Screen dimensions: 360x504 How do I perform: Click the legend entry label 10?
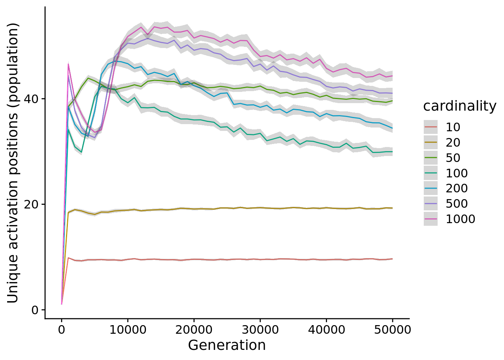point(453,127)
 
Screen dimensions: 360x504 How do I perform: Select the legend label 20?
point(453,142)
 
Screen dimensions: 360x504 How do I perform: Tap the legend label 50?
point(453,158)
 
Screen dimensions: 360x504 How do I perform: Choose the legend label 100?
point(456,173)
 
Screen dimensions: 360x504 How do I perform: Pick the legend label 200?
point(456,188)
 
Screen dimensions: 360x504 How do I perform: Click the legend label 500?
point(456,204)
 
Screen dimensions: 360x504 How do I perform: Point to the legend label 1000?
point(460,219)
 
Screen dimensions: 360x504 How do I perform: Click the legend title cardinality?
point(459,106)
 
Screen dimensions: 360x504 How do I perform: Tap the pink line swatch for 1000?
point(430,219)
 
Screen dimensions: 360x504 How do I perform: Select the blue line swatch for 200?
point(430,188)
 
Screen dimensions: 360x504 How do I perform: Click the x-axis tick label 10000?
point(127,330)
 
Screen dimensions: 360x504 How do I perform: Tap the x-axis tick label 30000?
point(260,330)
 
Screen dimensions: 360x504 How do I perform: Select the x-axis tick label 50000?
point(392,330)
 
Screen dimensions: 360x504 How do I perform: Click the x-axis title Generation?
point(227,345)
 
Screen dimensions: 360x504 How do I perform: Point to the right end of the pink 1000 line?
point(392,76)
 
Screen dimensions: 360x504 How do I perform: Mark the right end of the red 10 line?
point(392,259)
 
